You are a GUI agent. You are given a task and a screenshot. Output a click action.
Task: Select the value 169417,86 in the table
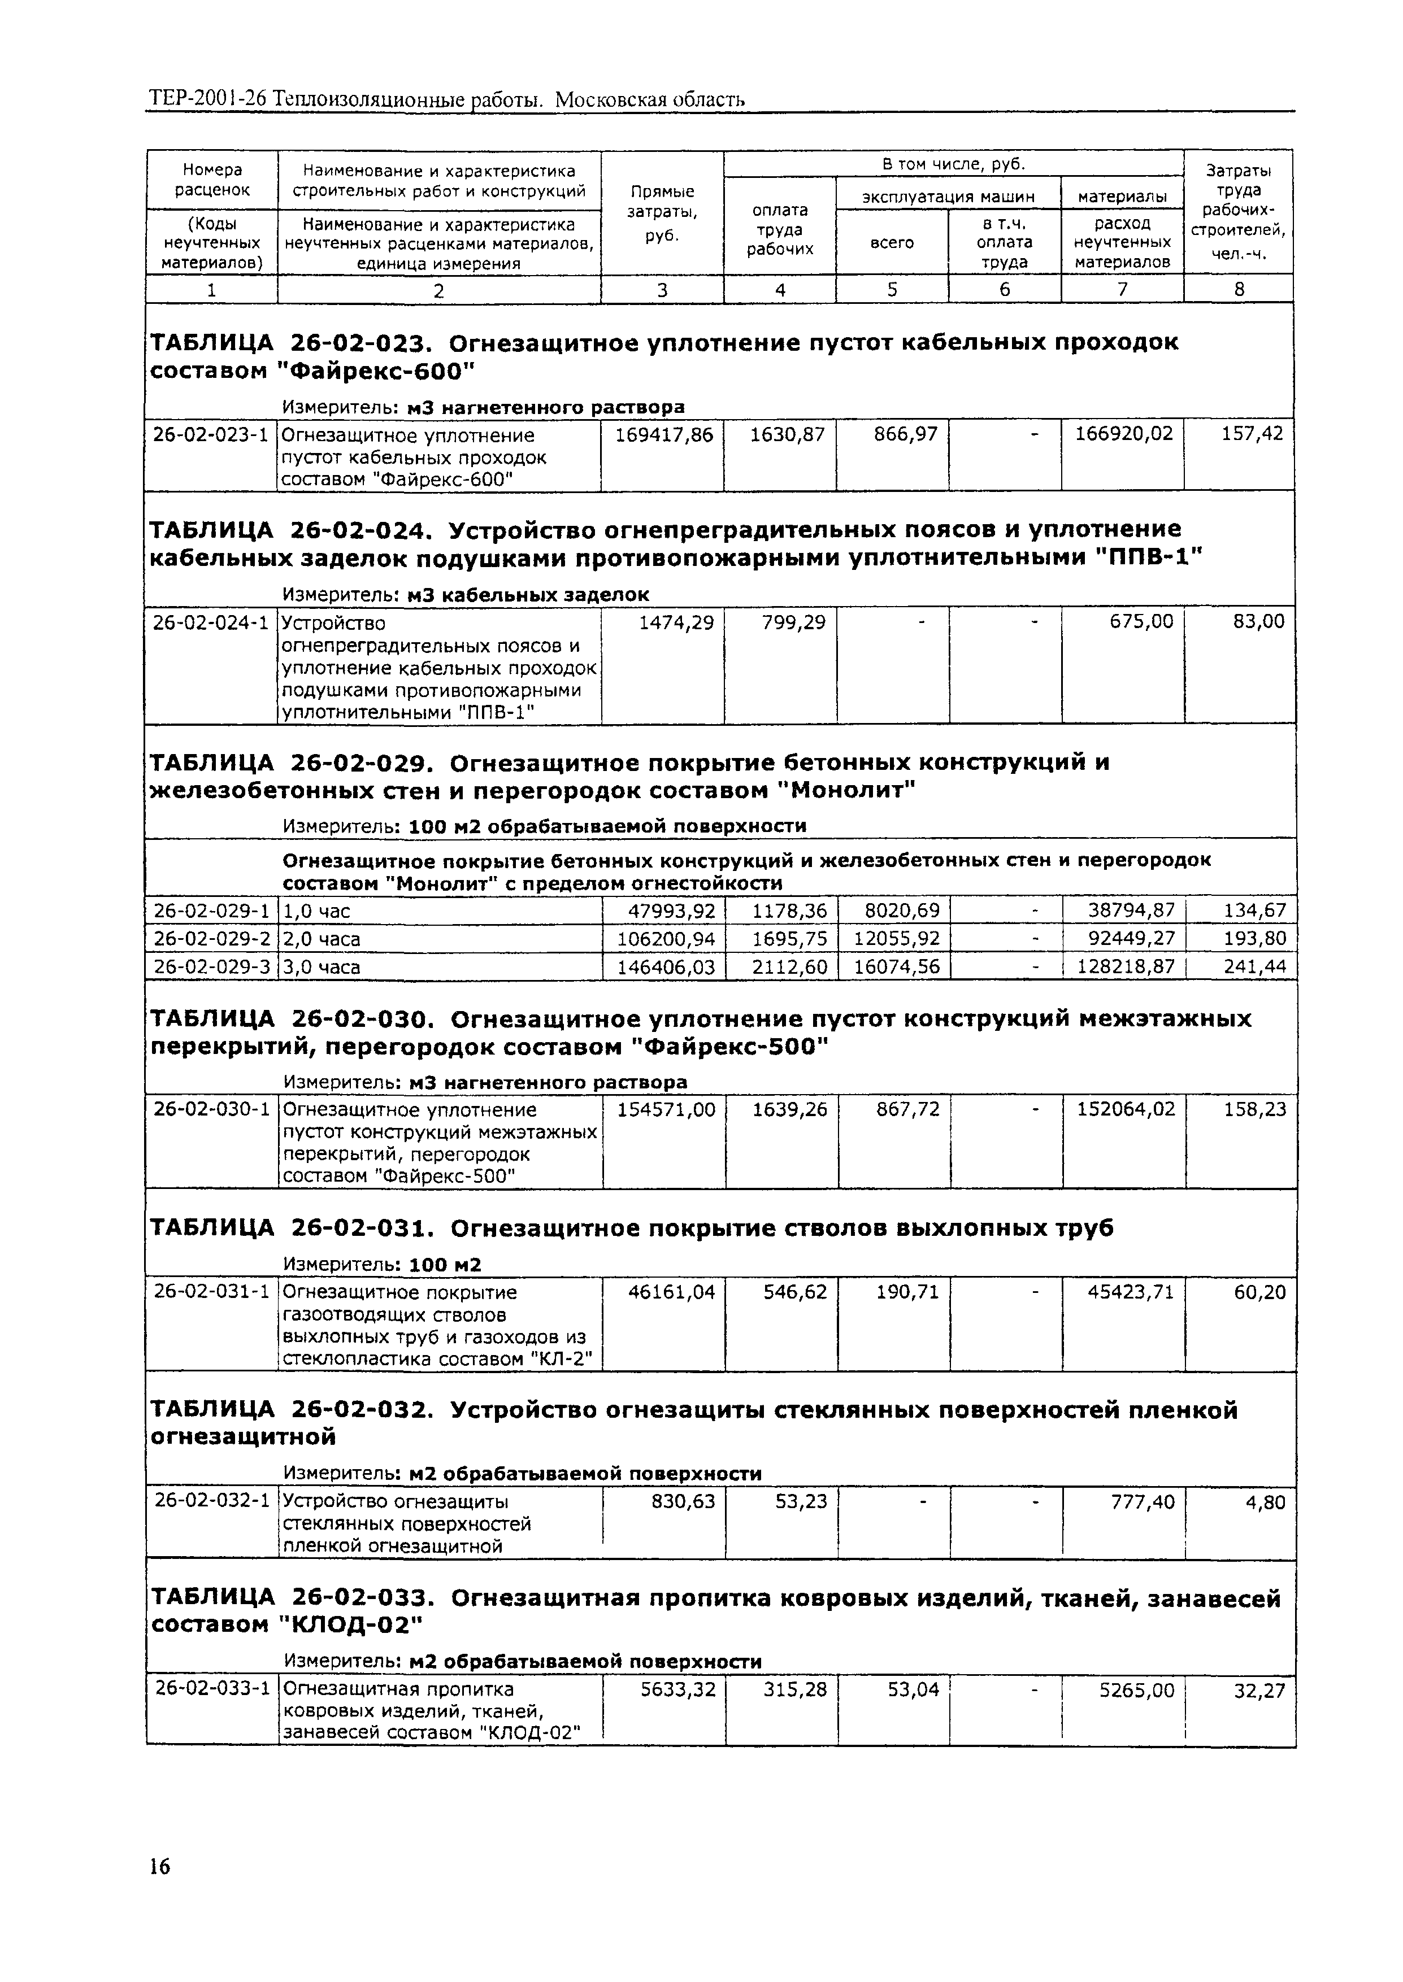pyautogui.click(x=663, y=435)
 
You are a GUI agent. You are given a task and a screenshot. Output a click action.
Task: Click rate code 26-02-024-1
pyautogui.click(x=211, y=622)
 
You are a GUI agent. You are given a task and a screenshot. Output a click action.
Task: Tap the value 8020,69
pyautogui.click(x=896, y=911)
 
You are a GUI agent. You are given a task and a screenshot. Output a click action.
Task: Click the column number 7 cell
pyautogui.click(x=1122, y=290)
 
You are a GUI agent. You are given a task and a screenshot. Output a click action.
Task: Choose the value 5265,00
pyautogui.click(x=1136, y=1690)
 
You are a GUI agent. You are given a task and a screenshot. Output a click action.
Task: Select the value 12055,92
pyautogui.click(x=896, y=939)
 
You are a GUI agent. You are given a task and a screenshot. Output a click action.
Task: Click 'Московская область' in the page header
pyautogui.click(x=650, y=101)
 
